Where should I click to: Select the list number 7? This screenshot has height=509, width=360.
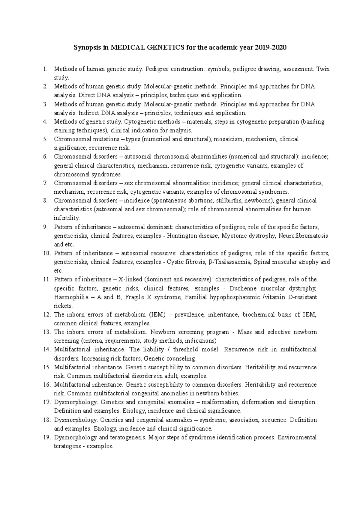pyautogui.click(x=45, y=183)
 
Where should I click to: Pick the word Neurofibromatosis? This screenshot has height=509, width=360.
pyautogui.click(x=303, y=236)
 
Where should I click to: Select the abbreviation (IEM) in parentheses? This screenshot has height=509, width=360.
pyautogui.click(x=155, y=314)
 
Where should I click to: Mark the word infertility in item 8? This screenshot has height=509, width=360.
pyautogui.click(x=67, y=218)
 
